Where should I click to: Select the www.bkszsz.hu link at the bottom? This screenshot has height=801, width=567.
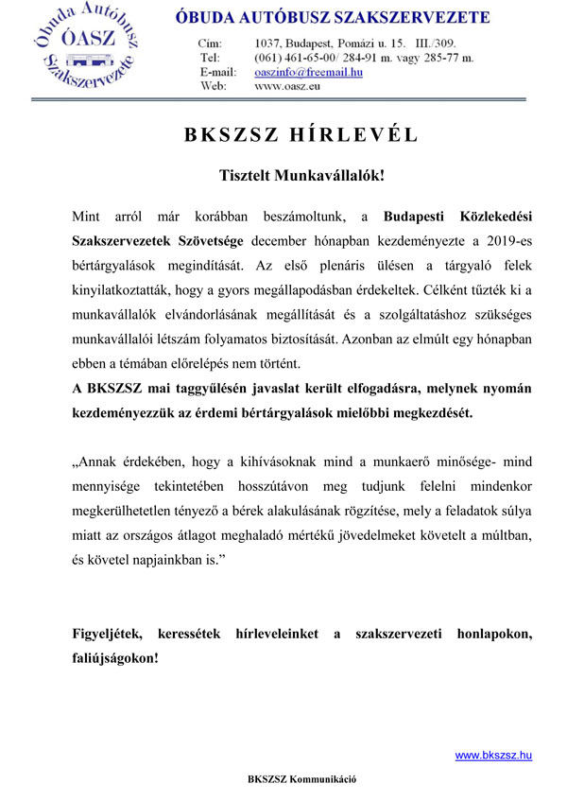[493, 755]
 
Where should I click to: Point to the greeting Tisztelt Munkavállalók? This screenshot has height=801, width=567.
[300, 176]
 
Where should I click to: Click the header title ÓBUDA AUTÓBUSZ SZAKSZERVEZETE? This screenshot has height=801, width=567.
[333, 18]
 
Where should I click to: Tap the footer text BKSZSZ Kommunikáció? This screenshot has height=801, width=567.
[301, 779]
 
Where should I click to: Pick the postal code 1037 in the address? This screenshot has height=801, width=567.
[269, 44]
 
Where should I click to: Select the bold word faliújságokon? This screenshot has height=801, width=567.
[116, 658]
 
